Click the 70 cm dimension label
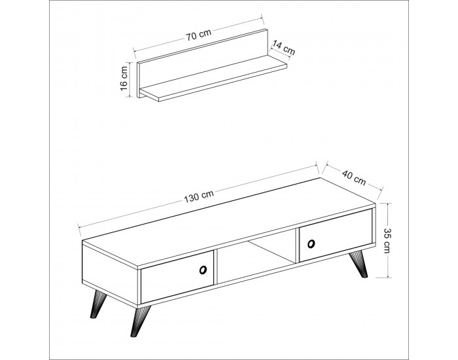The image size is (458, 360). pos(199,35)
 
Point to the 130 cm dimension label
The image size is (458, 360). pos(199,196)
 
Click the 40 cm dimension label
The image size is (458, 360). pos(354,177)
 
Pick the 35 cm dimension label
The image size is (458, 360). pos(387,240)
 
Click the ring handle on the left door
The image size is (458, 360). pos(202,270)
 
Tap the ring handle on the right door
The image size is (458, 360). pos(311,243)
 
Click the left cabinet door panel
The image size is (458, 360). pos(177,277)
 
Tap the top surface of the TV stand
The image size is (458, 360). pos(228,222)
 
